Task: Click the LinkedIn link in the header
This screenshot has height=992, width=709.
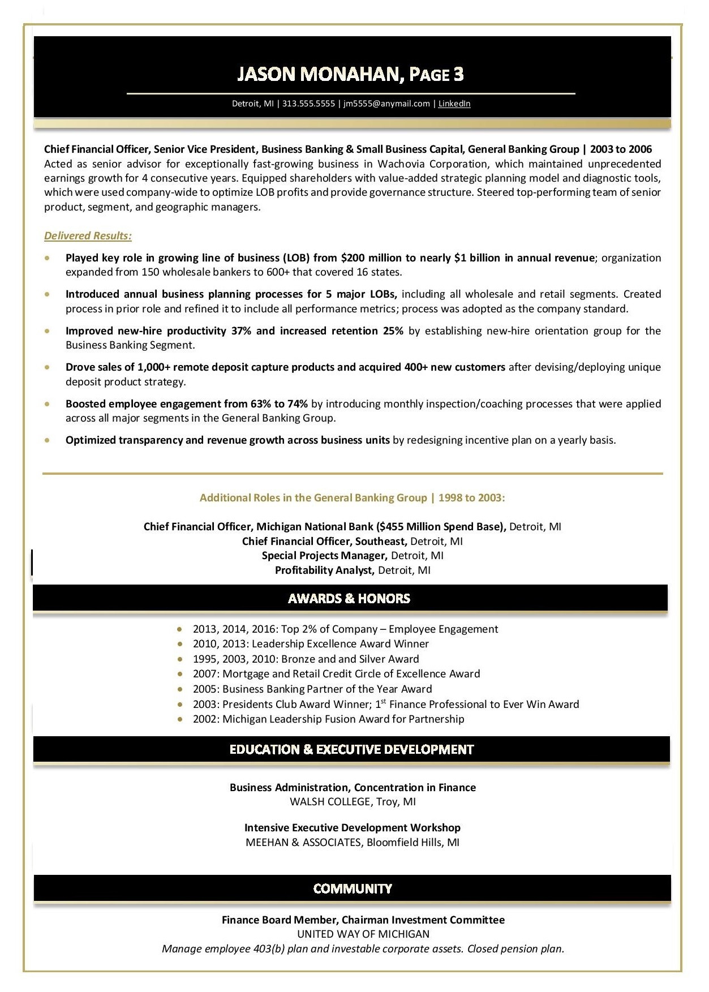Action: tap(454, 104)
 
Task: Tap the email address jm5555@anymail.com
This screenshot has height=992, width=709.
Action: tap(386, 104)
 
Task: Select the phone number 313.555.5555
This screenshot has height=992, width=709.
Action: tap(308, 104)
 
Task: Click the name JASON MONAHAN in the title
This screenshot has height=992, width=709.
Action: tap(320, 74)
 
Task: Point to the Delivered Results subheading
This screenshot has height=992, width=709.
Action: tap(88, 236)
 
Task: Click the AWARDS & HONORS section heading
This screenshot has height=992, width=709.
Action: tap(349, 599)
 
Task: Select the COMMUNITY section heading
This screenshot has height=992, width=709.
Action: tap(353, 888)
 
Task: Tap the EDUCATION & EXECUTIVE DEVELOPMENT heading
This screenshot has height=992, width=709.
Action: tap(351, 750)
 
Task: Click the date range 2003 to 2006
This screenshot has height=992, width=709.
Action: tap(621, 149)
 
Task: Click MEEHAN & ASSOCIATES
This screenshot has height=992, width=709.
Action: tap(303, 843)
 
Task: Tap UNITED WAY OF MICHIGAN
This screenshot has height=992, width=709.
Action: tap(363, 934)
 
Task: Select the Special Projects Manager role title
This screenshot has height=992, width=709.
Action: tap(324, 556)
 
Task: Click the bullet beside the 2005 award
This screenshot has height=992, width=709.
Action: tap(180, 689)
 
